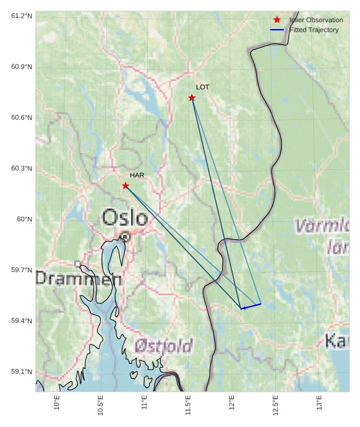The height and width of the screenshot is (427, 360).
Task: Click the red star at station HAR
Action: point(126,185)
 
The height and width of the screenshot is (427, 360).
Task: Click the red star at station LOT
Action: point(192,98)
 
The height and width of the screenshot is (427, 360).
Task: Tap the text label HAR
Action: point(137,175)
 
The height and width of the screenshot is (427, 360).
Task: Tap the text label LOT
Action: point(202,87)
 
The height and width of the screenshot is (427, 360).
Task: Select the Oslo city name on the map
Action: point(125,218)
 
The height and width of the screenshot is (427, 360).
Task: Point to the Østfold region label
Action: point(163,345)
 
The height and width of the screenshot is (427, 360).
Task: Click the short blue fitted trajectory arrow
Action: point(251,306)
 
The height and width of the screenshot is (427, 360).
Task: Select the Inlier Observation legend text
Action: point(316,20)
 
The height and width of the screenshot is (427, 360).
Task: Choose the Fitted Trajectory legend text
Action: point(314,30)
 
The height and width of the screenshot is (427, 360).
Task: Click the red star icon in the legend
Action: point(277,20)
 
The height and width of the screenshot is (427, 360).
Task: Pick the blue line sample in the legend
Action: point(277,30)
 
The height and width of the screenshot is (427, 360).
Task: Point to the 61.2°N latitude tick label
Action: point(22,15)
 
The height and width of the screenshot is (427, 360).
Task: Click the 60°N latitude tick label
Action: point(24,219)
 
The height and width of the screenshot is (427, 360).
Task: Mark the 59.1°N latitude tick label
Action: point(22,372)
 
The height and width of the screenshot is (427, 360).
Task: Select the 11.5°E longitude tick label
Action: point(188,405)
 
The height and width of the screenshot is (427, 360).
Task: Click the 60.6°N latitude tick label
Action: point(22,117)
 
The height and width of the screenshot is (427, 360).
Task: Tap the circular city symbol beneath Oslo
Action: point(126,237)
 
